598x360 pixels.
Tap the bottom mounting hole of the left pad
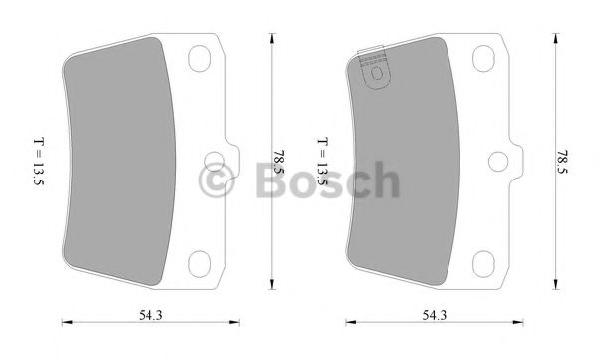(x=200, y=261)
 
